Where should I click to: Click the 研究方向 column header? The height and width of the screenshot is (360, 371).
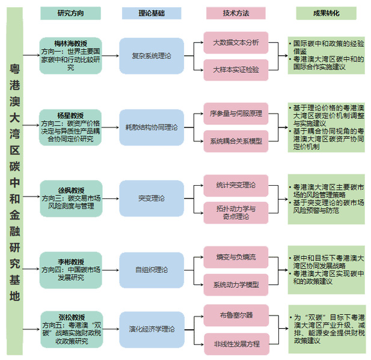click(x=70, y=13)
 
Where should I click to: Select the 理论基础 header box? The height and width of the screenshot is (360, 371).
click(x=151, y=13)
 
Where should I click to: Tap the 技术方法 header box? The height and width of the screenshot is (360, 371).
click(x=235, y=13)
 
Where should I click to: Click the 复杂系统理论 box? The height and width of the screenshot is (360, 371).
click(x=151, y=55)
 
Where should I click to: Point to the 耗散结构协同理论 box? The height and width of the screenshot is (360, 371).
click(x=151, y=127)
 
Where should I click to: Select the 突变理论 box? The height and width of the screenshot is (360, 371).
click(x=151, y=198)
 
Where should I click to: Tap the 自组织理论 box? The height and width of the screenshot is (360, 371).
click(x=151, y=270)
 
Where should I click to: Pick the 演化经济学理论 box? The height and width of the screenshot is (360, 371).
click(x=151, y=329)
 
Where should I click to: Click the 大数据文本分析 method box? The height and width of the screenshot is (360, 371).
click(x=236, y=43)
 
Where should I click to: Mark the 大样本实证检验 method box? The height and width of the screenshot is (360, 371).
click(x=236, y=70)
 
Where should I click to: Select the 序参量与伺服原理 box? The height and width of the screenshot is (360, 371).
click(x=236, y=113)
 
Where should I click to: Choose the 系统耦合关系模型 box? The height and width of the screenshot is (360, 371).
click(x=236, y=141)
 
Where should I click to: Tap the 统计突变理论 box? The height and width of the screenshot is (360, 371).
click(x=236, y=185)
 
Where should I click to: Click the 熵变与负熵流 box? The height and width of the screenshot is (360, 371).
click(x=236, y=257)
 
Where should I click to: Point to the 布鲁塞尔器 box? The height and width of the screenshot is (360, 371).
click(x=236, y=315)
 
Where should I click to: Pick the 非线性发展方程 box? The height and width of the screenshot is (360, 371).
click(x=236, y=344)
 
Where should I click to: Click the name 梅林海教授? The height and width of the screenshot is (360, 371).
click(x=71, y=43)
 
